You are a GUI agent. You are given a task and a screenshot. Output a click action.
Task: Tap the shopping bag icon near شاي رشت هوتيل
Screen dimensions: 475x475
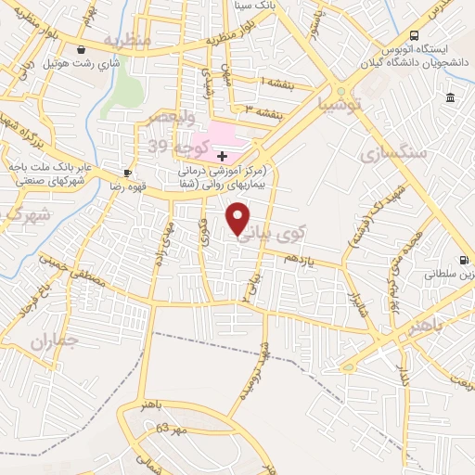click(x=83, y=50)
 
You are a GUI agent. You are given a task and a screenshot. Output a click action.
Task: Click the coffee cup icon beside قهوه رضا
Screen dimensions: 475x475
click(x=128, y=173)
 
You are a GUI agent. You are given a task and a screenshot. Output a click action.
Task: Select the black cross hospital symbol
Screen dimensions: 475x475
click(x=222, y=155)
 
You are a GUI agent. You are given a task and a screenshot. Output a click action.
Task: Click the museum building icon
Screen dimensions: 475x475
click(x=451, y=98)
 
